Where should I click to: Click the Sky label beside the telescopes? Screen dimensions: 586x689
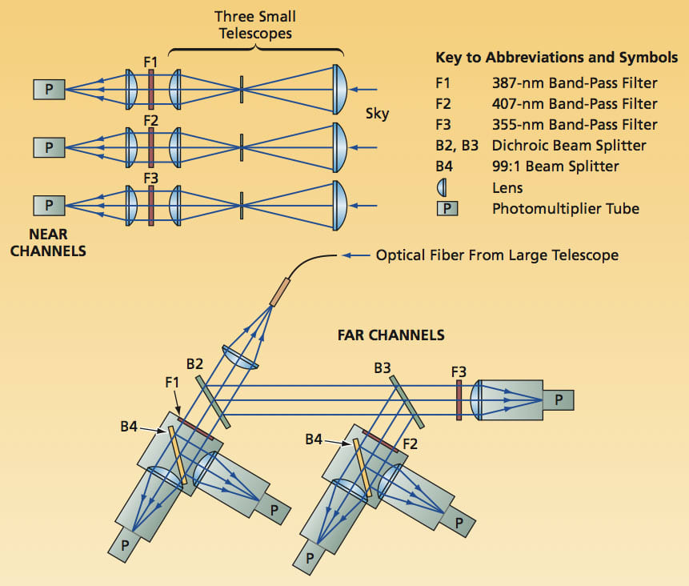point(377,114)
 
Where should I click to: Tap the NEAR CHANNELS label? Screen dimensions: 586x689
point(57,243)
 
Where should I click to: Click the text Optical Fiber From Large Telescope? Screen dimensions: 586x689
point(497,255)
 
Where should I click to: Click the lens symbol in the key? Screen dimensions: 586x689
point(441,188)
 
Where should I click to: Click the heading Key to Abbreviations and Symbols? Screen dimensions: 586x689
point(556,58)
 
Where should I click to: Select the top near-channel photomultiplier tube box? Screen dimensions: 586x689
point(49,89)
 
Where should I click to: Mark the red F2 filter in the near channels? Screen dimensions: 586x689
point(150,147)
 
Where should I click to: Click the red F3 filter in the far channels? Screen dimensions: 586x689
point(459,400)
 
